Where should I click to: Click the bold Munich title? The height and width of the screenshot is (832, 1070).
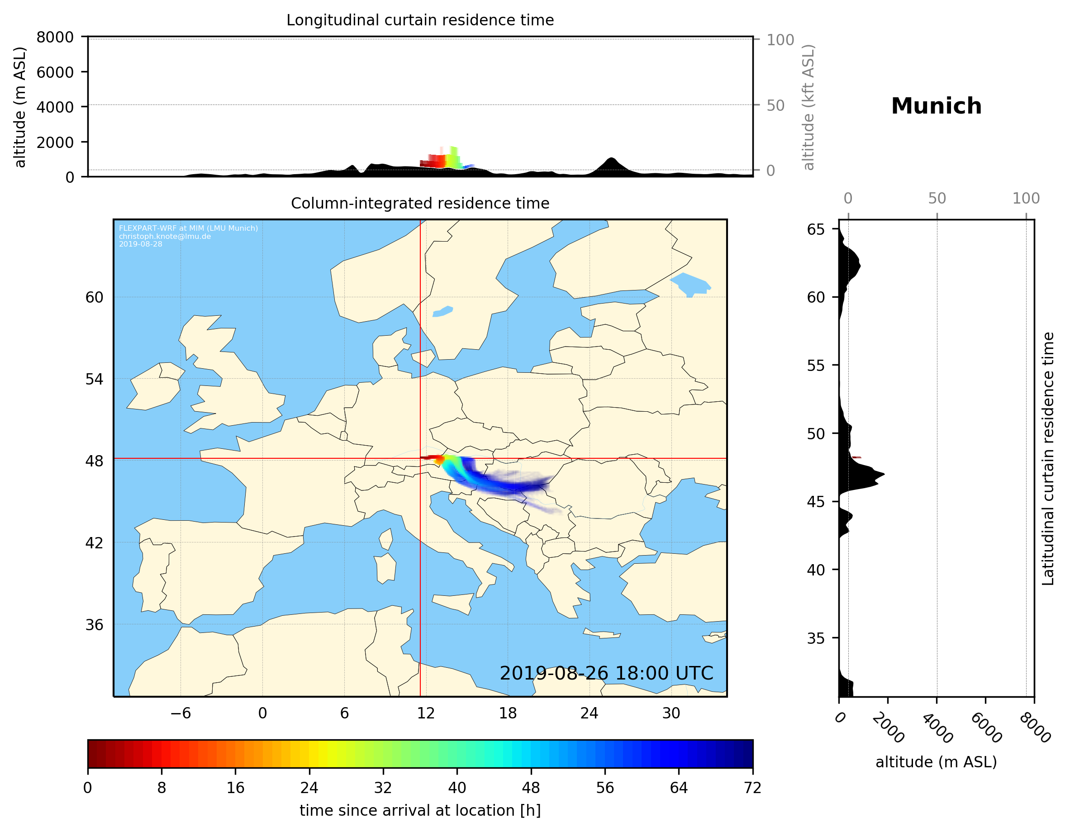coord(936,106)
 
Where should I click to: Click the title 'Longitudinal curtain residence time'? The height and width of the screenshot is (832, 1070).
coord(420,20)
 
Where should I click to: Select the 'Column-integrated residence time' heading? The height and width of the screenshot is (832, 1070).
coord(420,203)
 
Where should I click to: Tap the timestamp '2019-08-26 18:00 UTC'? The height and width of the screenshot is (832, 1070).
coord(606,673)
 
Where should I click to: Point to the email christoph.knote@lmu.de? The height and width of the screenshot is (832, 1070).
coord(165,236)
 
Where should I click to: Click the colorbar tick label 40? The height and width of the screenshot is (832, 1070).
coord(457,788)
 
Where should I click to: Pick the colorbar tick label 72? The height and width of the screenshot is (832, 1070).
coord(752,788)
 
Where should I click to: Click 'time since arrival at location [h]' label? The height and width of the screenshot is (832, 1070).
coord(420,810)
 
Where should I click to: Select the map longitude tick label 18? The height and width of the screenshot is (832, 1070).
coord(508,713)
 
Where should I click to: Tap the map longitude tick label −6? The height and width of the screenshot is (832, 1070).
coord(180,713)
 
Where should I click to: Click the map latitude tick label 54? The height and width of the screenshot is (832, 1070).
coord(94,379)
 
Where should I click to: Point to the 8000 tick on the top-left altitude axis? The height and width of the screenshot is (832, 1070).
coord(55,37)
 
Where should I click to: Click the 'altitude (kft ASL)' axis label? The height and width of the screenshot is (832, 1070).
coord(808,107)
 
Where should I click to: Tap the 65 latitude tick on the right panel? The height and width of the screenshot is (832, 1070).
coord(816,229)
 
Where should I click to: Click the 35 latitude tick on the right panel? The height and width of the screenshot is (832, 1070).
coord(816,638)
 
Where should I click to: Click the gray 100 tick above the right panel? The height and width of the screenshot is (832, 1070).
coord(1026,199)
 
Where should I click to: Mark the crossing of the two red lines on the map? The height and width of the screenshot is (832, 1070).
coord(420,459)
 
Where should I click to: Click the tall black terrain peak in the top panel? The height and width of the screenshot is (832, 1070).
coord(610,161)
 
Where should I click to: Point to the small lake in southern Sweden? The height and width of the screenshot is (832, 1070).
coord(442,312)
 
